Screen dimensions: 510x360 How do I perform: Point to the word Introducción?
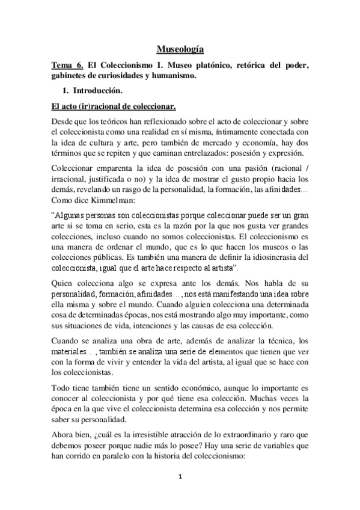pyautogui.click(x=97, y=91)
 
